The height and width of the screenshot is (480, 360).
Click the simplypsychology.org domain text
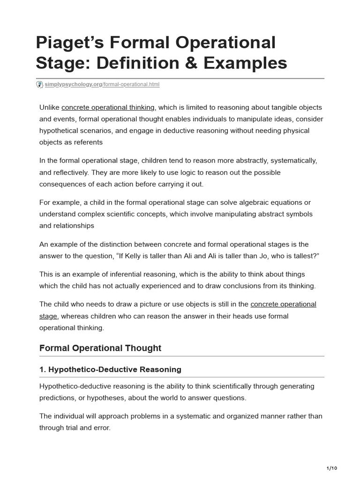pyautogui.click(x=73, y=84)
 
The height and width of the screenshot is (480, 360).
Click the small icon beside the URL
pyautogui.click(x=40, y=84)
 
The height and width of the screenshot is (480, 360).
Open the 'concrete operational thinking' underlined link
pyautogui.click(x=108, y=108)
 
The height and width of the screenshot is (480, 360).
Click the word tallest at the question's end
pyautogui.click(x=300, y=255)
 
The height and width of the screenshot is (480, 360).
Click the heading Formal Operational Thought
pyautogui.click(x=100, y=348)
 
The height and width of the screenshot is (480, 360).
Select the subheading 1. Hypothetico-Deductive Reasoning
pyautogui.click(x=110, y=369)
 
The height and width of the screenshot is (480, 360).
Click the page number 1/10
pyautogui.click(x=331, y=468)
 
